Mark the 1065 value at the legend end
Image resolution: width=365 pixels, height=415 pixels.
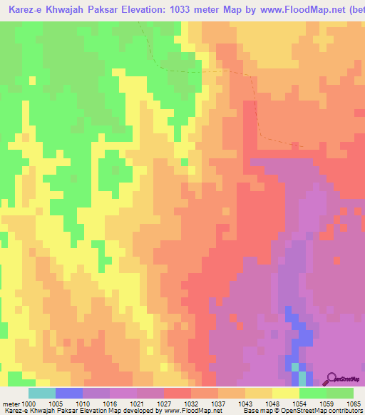(x=354, y=403)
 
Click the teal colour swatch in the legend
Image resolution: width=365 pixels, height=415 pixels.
(x=41, y=393)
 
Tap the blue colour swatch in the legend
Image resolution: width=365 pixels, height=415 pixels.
(x=68, y=393)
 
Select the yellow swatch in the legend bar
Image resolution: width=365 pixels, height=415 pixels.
(x=285, y=393)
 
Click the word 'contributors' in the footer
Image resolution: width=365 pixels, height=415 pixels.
(x=346, y=411)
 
